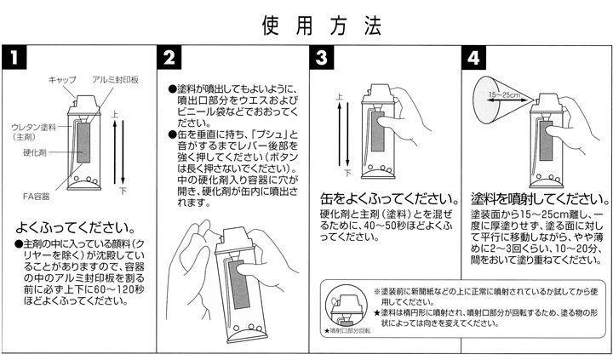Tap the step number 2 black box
pos(169,58)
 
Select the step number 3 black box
pos(321,58)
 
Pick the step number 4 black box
pos(473,58)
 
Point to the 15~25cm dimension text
pos(505,94)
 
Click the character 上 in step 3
pos(341,99)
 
